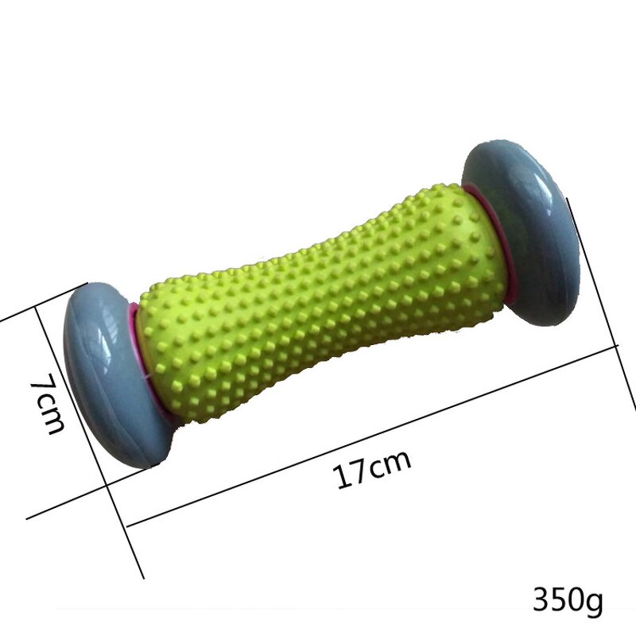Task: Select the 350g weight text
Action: tap(568, 597)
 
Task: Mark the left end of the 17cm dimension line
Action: tap(127, 525)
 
